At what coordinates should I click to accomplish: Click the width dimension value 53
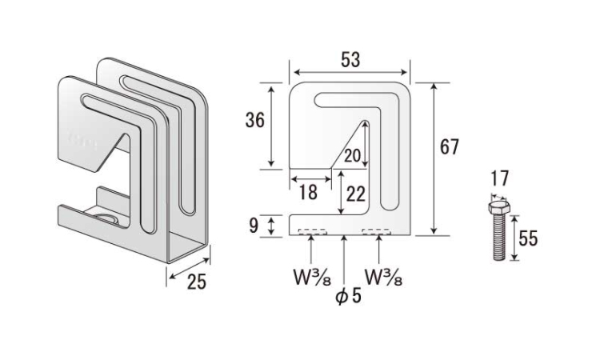(350, 60)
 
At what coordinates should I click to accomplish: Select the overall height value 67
(449, 147)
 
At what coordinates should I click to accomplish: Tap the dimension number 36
(255, 120)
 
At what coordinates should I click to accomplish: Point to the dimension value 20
(352, 156)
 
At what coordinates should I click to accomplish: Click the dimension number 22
(356, 194)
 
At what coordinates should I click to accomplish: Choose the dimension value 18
(308, 193)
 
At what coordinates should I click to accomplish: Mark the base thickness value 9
(254, 226)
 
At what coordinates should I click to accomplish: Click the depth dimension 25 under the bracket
(196, 282)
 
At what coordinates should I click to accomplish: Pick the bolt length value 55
(528, 238)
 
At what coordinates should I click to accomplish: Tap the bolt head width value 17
(500, 178)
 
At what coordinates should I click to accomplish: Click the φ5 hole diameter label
(348, 296)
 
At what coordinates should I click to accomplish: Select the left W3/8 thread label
(312, 277)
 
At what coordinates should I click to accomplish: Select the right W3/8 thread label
(383, 277)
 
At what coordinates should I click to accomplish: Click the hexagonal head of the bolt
(499, 207)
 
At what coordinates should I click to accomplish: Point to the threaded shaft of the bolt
(499, 237)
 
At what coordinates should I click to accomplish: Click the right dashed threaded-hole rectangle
(377, 232)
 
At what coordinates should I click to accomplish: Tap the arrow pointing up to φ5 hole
(345, 259)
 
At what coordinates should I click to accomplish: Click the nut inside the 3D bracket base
(107, 218)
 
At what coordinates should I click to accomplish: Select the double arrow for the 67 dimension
(434, 158)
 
